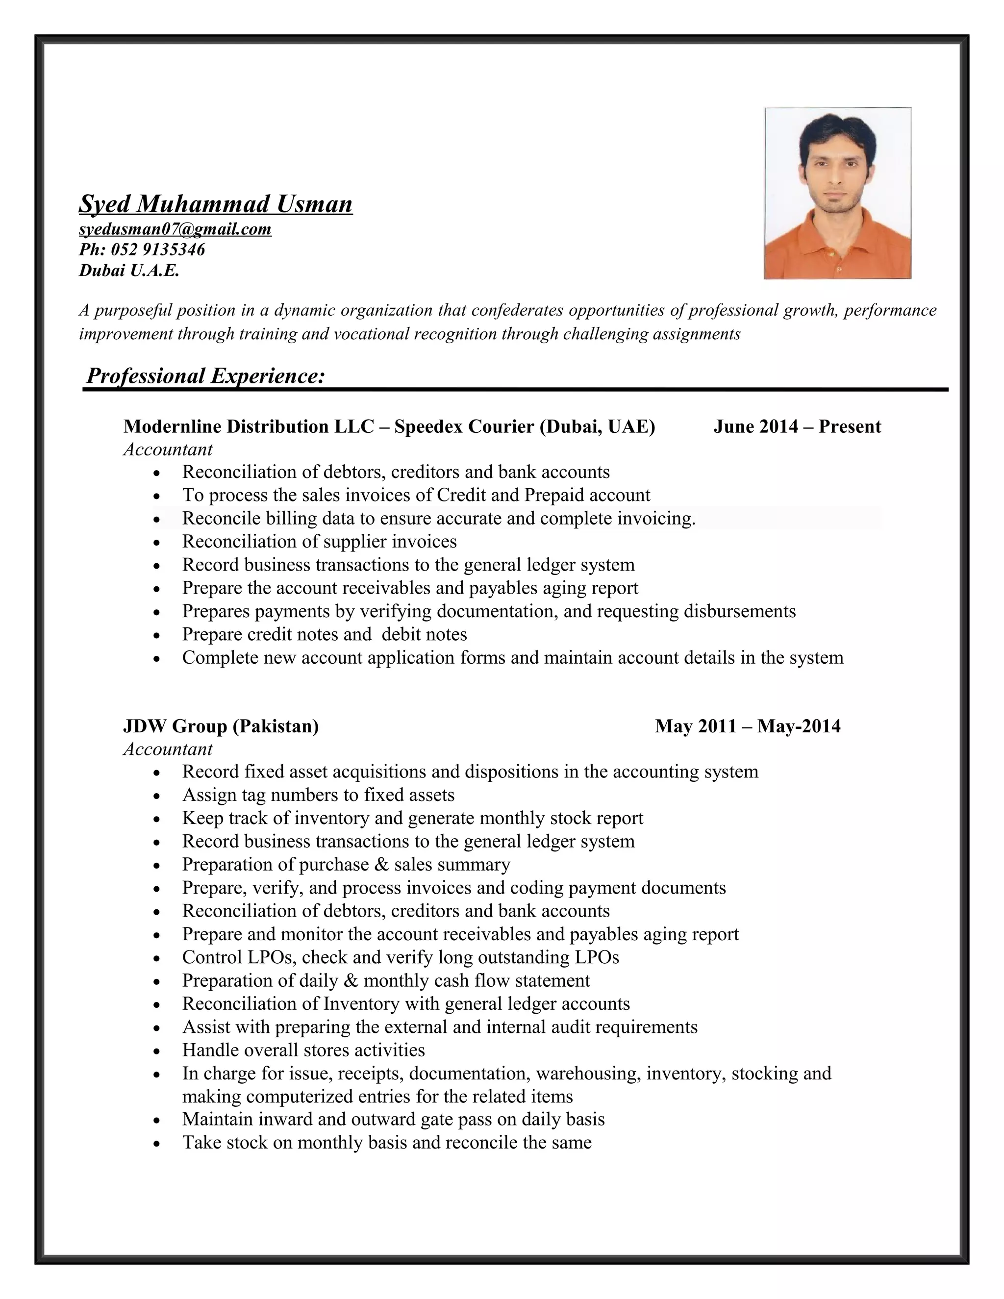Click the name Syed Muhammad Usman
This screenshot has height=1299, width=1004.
pyautogui.click(x=215, y=204)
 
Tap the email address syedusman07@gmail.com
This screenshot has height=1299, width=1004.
pyautogui.click(x=175, y=229)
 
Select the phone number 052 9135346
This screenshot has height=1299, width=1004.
pyautogui.click(x=158, y=249)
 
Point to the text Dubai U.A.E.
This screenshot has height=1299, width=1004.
pyautogui.click(x=128, y=271)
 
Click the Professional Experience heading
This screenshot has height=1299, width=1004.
pyautogui.click(x=205, y=376)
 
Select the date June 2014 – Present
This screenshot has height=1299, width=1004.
pyautogui.click(x=797, y=426)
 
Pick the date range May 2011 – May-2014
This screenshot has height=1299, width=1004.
pyautogui.click(x=748, y=725)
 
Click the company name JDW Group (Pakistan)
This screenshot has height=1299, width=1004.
pyautogui.click(x=221, y=725)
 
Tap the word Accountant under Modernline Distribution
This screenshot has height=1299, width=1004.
pyautogui.click(x=168, y=449)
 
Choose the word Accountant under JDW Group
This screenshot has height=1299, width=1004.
pyautogui.click(x=168, y=749)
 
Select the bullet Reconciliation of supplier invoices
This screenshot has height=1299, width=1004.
pyautogui.click(x=320, y=541)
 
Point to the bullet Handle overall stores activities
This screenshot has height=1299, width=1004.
pyautogui.click(x=303, y=1050)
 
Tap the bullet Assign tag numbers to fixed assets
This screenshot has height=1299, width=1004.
pyautogui.click(x=318, y=795)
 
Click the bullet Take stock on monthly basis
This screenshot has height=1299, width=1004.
pyautogui.click(x=387, y=1143)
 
